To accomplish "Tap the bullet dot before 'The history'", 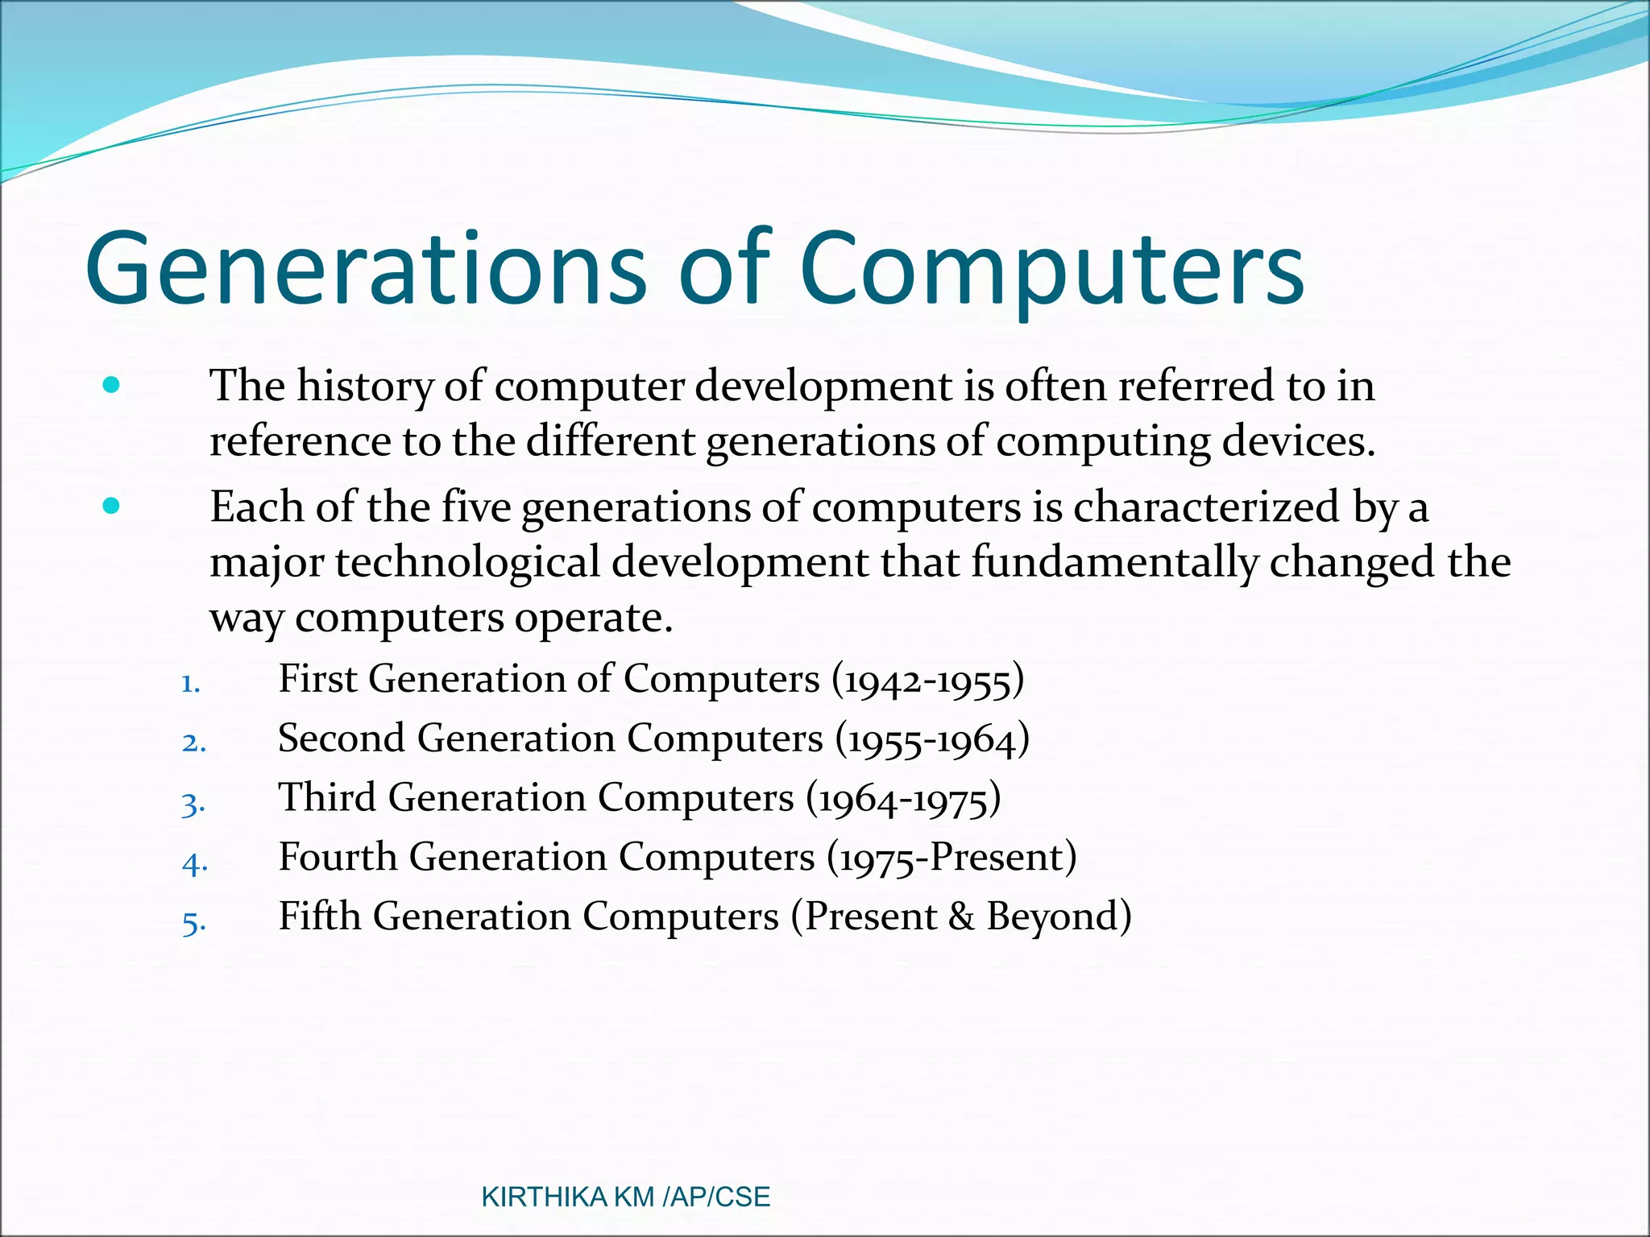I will [111, 385].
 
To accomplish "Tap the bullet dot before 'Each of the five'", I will [111, 507].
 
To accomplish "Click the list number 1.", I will [190, 685].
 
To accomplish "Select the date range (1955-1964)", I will [932, 739].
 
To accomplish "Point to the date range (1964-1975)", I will [903, 799].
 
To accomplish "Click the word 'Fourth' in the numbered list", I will [338, 857].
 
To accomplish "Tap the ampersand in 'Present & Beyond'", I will [961, 917].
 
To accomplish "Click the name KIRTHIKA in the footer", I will [544, 1198].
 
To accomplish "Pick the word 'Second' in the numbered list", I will [341, 738].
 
